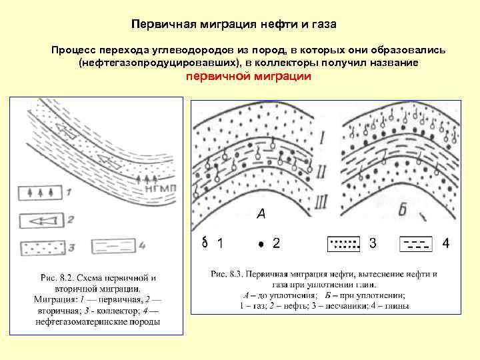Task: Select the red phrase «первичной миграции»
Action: click(248, 76)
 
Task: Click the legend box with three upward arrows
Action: click(43, 193)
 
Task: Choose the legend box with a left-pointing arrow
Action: click(43, 220)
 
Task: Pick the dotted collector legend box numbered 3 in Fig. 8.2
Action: click(43, 248)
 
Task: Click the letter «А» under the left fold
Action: click(261, 214)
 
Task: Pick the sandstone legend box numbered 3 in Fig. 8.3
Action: click(345, 243)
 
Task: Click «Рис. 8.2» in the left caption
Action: click(56, 278)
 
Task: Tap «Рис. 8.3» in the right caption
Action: click(229, 273)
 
